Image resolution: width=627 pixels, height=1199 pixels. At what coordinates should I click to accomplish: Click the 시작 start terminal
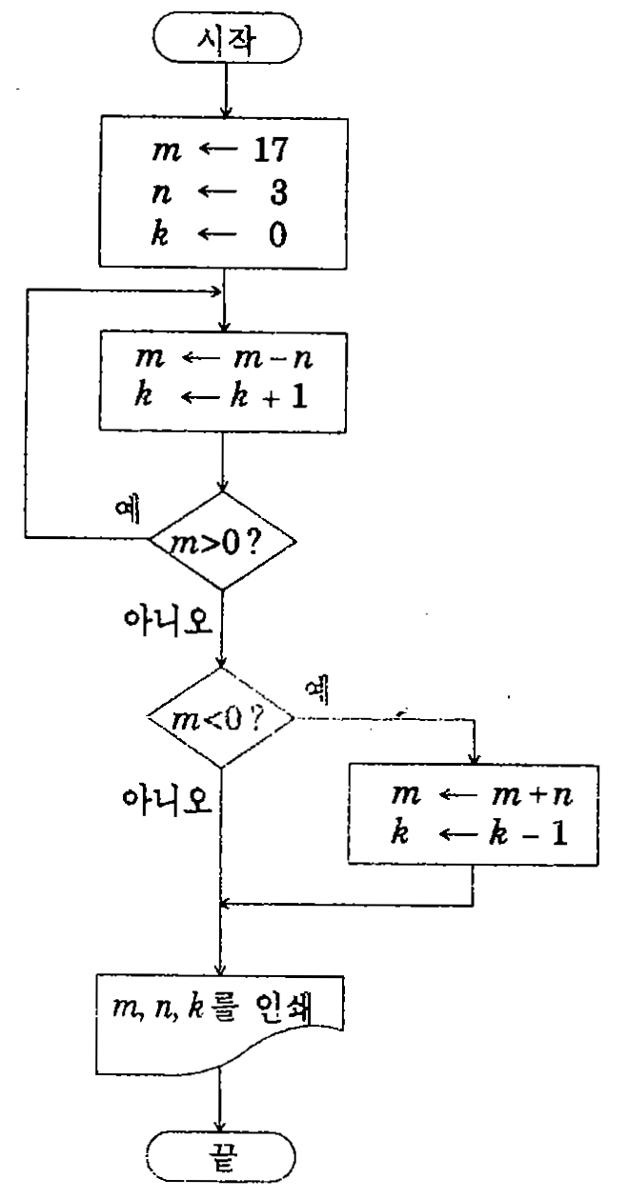[x=227, y=37]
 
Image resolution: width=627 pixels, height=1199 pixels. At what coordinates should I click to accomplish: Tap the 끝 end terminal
[x=221, y=1157]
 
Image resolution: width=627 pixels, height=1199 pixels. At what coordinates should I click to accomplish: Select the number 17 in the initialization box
[x=271, y=150]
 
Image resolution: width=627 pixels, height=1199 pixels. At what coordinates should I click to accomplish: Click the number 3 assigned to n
[x=278, y=192]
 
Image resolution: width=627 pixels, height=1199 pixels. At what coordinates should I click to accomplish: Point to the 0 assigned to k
[x=278, y=234]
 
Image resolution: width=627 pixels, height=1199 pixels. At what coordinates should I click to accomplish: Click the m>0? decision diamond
[x=222, y=541]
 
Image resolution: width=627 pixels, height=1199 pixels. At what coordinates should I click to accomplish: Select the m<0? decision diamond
[x=221, y=718]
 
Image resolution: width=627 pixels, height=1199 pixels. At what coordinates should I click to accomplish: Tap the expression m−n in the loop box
[x=273, y=357]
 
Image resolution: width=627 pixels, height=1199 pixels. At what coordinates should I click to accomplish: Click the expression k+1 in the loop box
[x=270, y=396]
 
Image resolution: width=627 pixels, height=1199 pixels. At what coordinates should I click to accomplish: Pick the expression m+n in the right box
[x=533, y=794]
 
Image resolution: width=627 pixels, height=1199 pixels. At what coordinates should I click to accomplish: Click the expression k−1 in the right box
[x=528, y=833]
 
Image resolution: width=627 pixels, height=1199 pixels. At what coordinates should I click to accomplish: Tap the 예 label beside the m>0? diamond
[x=128, y=510]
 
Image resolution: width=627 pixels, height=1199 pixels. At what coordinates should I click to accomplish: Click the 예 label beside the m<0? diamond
[x=316, y=689]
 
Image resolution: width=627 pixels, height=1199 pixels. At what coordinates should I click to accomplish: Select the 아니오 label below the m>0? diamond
[x=168, y=620]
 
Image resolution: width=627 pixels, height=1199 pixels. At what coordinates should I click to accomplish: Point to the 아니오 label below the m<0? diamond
[x=167, y=799]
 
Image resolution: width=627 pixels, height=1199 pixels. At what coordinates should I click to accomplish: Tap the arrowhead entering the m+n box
[x=474, y=758]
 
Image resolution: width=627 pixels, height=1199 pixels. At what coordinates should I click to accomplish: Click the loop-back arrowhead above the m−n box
[x=216, y=291]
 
